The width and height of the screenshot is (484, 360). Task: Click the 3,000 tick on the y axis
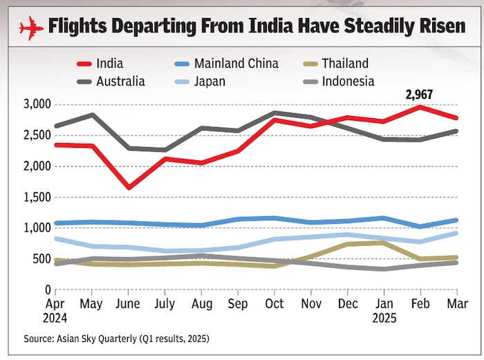pos(37,104)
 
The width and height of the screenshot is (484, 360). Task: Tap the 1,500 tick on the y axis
pos(37,197)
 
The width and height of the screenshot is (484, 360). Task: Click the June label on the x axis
pos(129,305)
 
